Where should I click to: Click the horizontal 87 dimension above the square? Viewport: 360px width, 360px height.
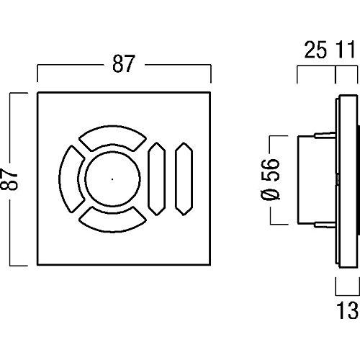pos(124,64)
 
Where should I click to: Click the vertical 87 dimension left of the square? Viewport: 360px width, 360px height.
pos(9,179)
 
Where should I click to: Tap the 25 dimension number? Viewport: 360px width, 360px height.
pos(315,50)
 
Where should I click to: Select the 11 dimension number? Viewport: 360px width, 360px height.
pos(346,50)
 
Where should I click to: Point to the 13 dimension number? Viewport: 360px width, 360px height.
pos(347,310)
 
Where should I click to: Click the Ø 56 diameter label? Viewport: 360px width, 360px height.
pos(270,179)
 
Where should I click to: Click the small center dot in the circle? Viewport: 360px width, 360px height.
pos(112,179)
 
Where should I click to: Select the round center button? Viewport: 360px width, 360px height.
pos(112,179)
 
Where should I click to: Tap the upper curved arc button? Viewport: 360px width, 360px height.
pos(112,135)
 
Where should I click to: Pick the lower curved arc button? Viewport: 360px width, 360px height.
pos(112,222)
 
